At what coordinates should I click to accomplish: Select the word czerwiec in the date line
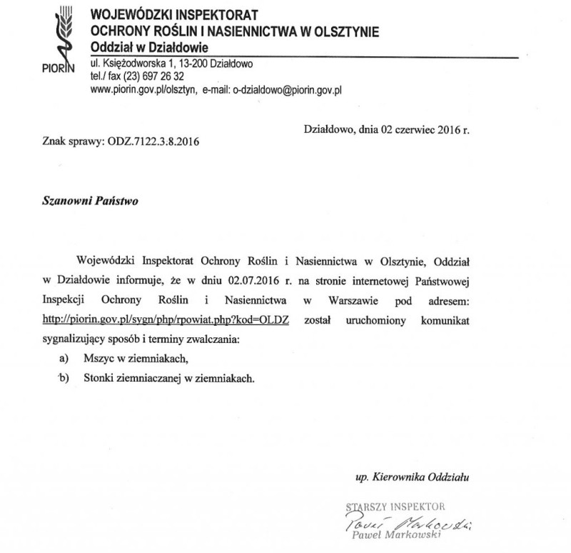point(408,131)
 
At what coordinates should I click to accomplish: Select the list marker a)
point(63,358)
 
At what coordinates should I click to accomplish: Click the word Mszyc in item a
point(97,358)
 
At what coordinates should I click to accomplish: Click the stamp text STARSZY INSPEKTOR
point(395,508)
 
